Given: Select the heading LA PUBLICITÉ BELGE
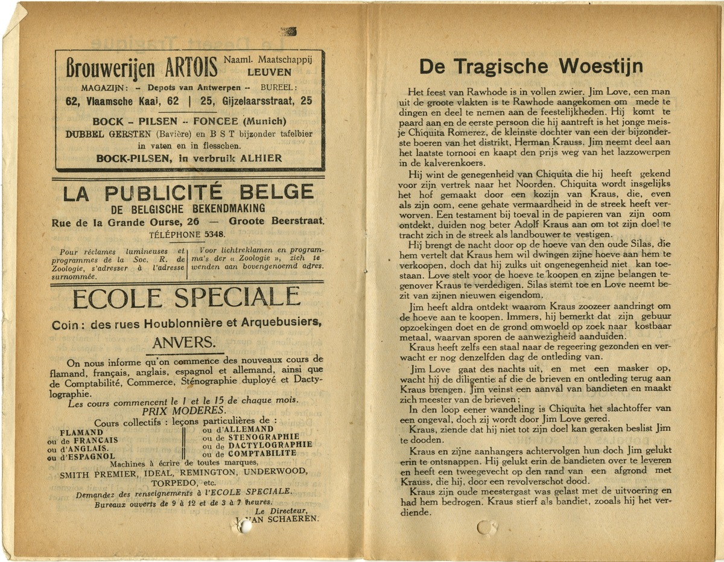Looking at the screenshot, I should coord(188,193).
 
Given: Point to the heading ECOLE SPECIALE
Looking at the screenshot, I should coord(186,298).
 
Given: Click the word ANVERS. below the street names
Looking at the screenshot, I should coord(184,342).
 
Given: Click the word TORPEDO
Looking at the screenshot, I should coord(174,484).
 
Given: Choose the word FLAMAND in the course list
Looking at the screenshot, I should coord(81,432).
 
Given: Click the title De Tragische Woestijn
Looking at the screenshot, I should coord(531,66).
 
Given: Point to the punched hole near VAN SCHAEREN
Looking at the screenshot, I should coord(245,526).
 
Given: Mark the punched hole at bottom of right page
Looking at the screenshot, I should coord(485,529).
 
